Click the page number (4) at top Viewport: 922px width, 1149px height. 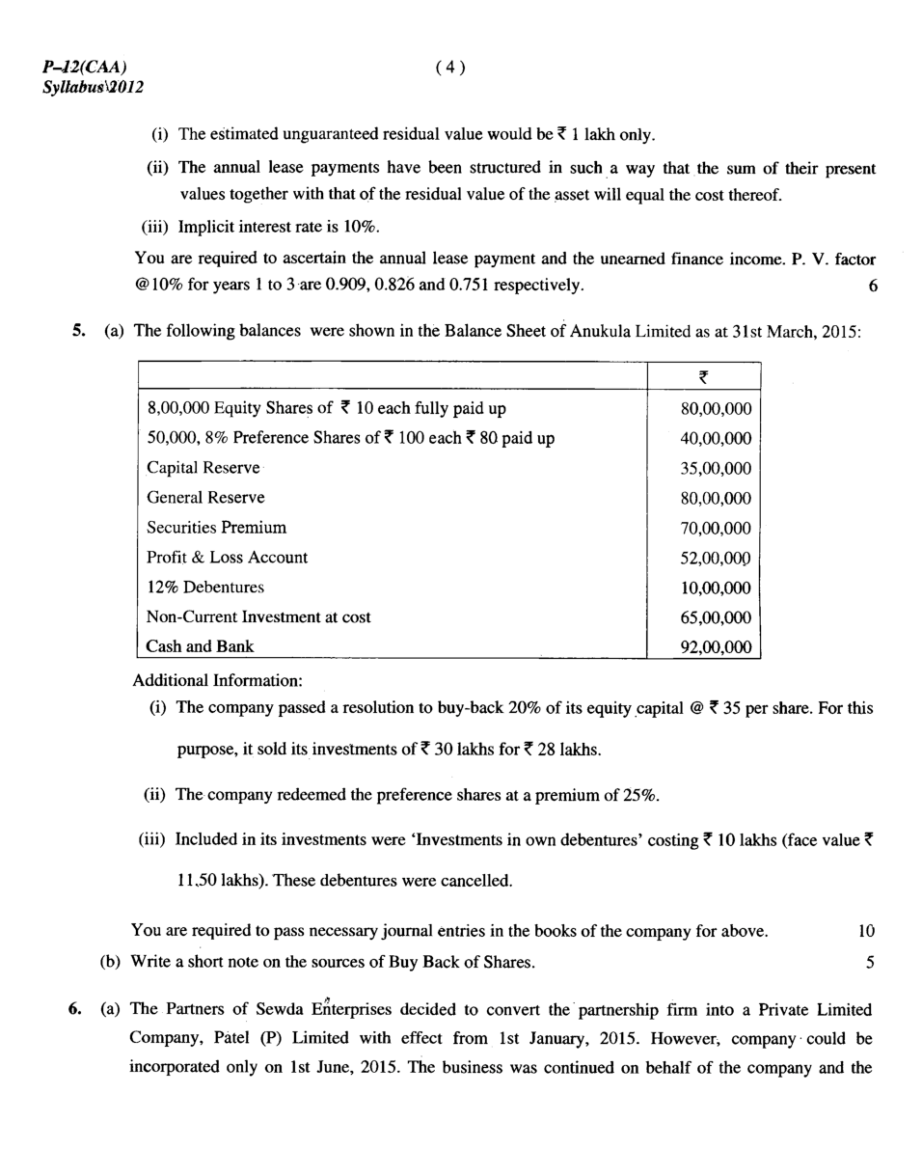[x=450, y=67]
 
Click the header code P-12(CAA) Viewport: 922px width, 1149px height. [x=84, y=67]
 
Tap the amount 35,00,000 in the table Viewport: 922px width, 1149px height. [x=716, y=469]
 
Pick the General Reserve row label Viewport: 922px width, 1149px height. [x=205, y=498]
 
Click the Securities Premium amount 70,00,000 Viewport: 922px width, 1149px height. [x=716, y=529]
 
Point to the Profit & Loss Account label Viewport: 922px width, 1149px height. [x=227, y=558]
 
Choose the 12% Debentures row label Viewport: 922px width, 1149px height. [x=205, y=588]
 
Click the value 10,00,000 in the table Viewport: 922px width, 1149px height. [x=716, y=588]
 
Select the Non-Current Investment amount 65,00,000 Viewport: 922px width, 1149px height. [x=716, y=618]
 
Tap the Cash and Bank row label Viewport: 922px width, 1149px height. [x=200, y=646]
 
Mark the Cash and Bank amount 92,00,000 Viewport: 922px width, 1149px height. [x=716, y=648]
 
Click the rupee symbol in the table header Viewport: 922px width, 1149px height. [x=703, y=377]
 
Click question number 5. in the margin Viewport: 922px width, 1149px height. [x=78, y=331]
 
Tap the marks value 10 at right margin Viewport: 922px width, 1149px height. [x=865, y=931]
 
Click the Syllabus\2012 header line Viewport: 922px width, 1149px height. [x=93, y=87]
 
